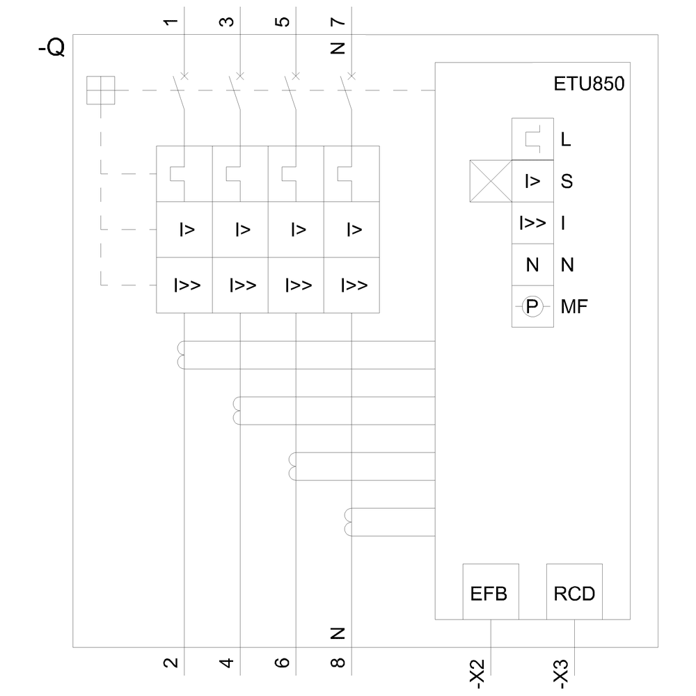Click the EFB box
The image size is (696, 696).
tap(491, 592)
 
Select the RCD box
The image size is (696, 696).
tap(574, 592)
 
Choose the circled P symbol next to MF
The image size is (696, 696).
tap(532, 306)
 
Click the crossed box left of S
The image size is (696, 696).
tap(491, 182)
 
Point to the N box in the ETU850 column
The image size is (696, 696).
tap(532, 265)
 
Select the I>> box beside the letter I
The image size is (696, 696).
tap(532, 223)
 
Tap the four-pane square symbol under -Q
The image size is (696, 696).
tap(100, 90)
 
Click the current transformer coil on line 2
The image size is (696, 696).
tap(182, 355)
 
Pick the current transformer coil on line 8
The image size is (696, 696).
tap(349, 522)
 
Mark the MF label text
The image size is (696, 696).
tap(574, 306)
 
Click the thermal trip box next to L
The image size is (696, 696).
tap(532, 139)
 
